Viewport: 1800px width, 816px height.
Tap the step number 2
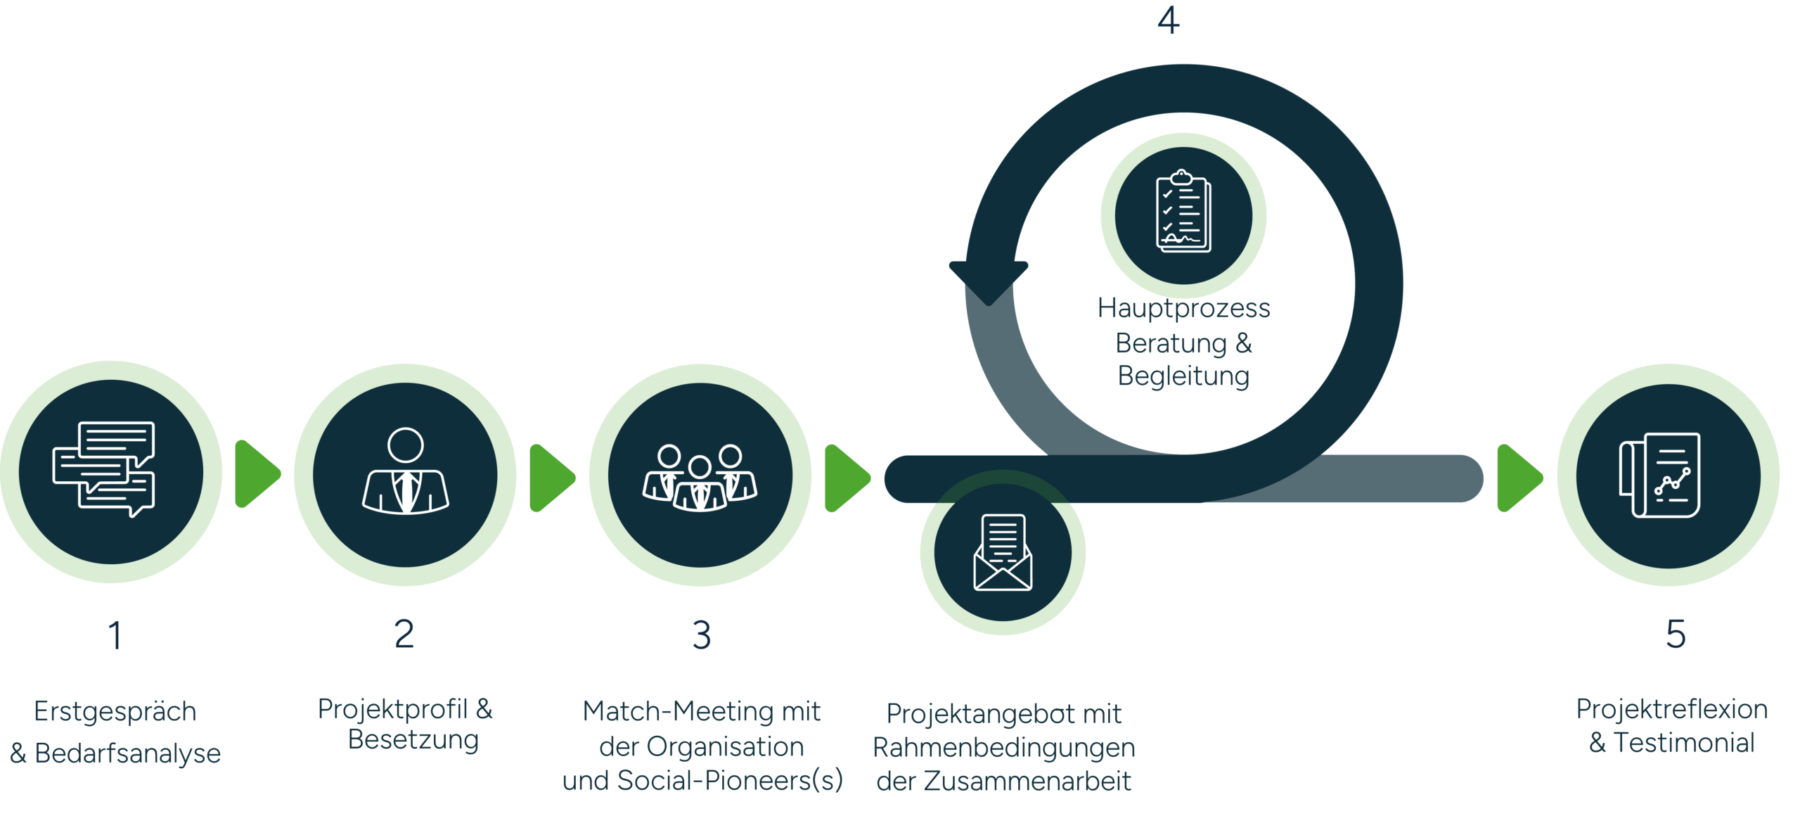[404, 634]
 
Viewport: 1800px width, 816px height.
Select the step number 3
[702, 635]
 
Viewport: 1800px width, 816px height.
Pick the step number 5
[1676, 634]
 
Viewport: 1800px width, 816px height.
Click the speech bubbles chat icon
[104, 469]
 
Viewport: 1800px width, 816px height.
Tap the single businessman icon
[406, 471]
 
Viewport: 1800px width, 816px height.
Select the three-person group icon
[700, 477]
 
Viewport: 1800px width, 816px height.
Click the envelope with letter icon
[1003, 552]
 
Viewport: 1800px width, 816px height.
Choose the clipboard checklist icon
[1183, 210]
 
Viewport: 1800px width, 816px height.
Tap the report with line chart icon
[1659, 475]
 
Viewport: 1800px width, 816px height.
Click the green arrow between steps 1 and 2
[257, 474]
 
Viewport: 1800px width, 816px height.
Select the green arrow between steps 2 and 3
[552, 478]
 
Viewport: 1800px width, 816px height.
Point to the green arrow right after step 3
[847, 478]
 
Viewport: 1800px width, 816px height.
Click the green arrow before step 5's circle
[1520, 478]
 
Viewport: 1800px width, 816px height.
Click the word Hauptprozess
[1184, 309]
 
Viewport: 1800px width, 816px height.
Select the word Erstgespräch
[115, 712]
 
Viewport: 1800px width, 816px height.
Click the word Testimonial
[1684, 743]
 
